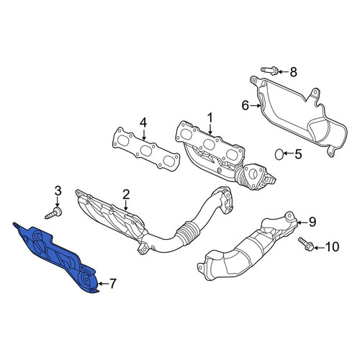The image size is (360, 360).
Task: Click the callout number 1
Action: (210, 118)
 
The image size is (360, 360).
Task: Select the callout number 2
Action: (126, 194)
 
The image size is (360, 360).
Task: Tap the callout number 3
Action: (58, 191)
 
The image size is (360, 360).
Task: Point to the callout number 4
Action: (143, 122)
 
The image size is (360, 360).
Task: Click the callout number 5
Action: (298, 154)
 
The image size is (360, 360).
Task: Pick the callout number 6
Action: (246, 106)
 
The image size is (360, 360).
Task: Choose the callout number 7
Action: (113, 284)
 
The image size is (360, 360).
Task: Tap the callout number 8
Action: (293, 72)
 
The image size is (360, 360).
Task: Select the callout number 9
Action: (312, 222)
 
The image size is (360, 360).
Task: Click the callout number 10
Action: (332, 247)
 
